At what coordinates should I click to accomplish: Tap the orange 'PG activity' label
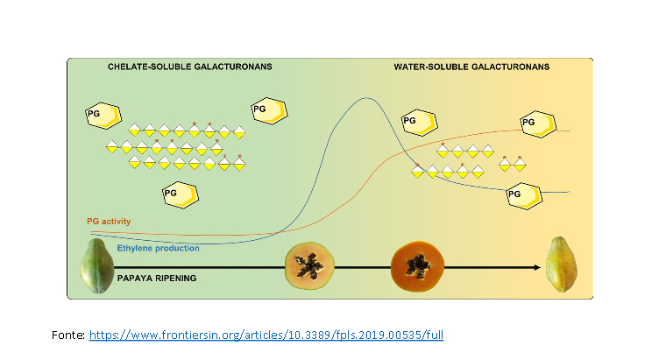pos(109,222)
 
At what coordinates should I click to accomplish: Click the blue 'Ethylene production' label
pos(158,248)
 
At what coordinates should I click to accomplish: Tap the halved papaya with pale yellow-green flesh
pos(308,265)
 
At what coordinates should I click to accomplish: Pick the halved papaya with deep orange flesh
pos(417,265)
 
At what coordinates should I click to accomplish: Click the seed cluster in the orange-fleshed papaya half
pos(417,264)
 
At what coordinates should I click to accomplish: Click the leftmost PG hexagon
pos(99,114)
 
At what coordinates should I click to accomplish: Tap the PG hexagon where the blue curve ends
pos(522,193)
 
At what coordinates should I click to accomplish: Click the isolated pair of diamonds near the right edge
pos(512,165)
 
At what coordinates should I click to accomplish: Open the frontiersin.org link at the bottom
pos(273,335)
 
